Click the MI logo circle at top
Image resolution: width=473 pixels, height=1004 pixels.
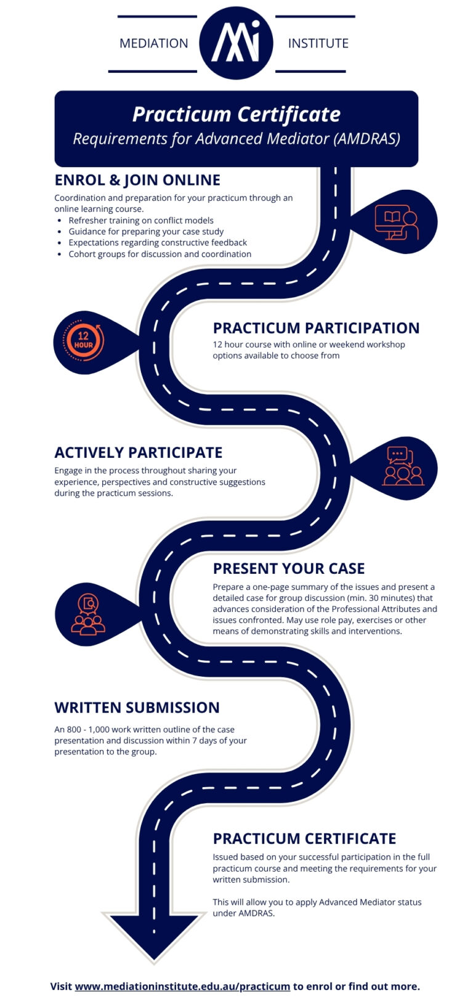click(236, 43)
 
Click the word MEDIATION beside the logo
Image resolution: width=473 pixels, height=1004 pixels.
click(153, 43)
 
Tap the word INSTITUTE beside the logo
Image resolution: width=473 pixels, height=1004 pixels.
click(318, 43)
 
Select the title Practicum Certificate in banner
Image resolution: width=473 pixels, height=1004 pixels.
click(236, 114)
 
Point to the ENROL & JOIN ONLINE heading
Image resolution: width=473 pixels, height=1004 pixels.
click(137, 180)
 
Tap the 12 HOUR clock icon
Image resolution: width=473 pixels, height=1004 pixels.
click(84, 341)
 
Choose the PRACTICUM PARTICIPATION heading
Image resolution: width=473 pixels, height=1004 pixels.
click(316, 328)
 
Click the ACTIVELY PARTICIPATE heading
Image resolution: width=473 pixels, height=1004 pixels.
click(138, 452)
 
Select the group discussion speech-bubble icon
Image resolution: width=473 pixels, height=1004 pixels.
click(403, 467)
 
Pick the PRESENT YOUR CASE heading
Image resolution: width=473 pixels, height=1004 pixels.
click(288, 568)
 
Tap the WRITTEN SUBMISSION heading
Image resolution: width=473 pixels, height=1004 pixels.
click(137, 708)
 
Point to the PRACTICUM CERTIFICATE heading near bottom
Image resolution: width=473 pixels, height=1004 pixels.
click(304, 839)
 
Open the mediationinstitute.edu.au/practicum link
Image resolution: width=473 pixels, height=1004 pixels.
click(182, 986)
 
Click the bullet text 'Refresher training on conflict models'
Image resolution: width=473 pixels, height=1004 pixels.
click(141, 221)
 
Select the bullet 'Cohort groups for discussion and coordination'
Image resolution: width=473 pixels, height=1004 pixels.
click(160, 254)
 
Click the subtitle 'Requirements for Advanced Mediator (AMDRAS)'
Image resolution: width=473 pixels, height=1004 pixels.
click(236, 139)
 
